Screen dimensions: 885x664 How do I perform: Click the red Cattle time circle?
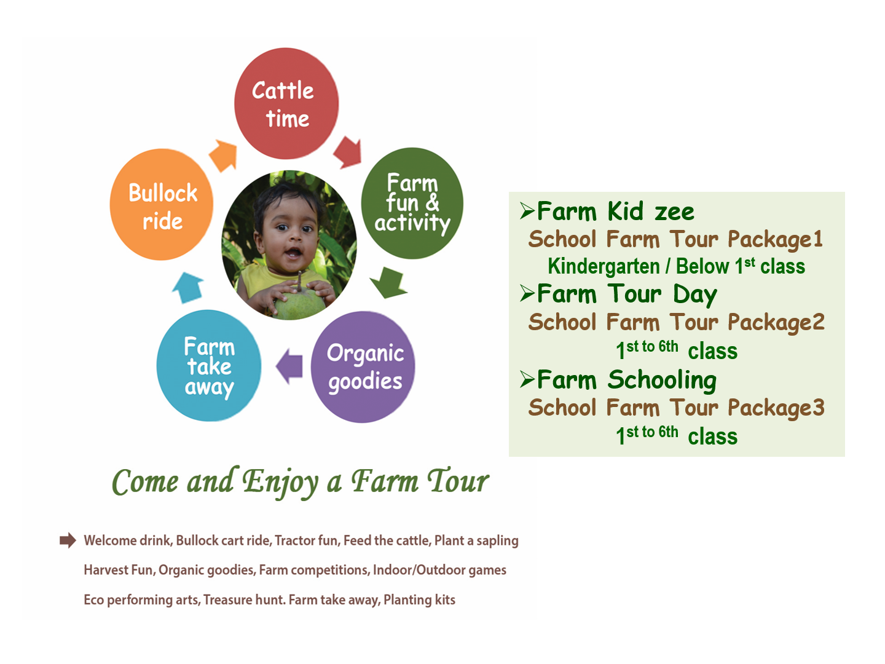pyautogui.click(x=286, y=103)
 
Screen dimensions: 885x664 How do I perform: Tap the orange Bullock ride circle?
pyautogui.click(x=161, y=204)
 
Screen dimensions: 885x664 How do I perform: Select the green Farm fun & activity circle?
pyautogui.click(x=412, y=203)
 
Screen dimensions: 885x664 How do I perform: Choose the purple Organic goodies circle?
pyautogui.click(x=363, y=367)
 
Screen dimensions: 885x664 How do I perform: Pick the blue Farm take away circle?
pyautogui.click(x=209, y=366)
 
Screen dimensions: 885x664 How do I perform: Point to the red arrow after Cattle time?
pyautogui.click(x=348, y=152)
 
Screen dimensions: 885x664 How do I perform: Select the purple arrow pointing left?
pyautogui.click(x=289, y=366)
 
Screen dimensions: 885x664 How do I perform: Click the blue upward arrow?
pyautogui.click(x=188, y=288)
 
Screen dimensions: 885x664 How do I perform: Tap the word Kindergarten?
pyautogui.click(x=604, y=266)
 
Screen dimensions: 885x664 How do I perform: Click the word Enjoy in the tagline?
pyautogui.click(x=280, y=483)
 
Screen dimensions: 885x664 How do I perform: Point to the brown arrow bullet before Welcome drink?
pyautogui.click(x=68, y=540)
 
